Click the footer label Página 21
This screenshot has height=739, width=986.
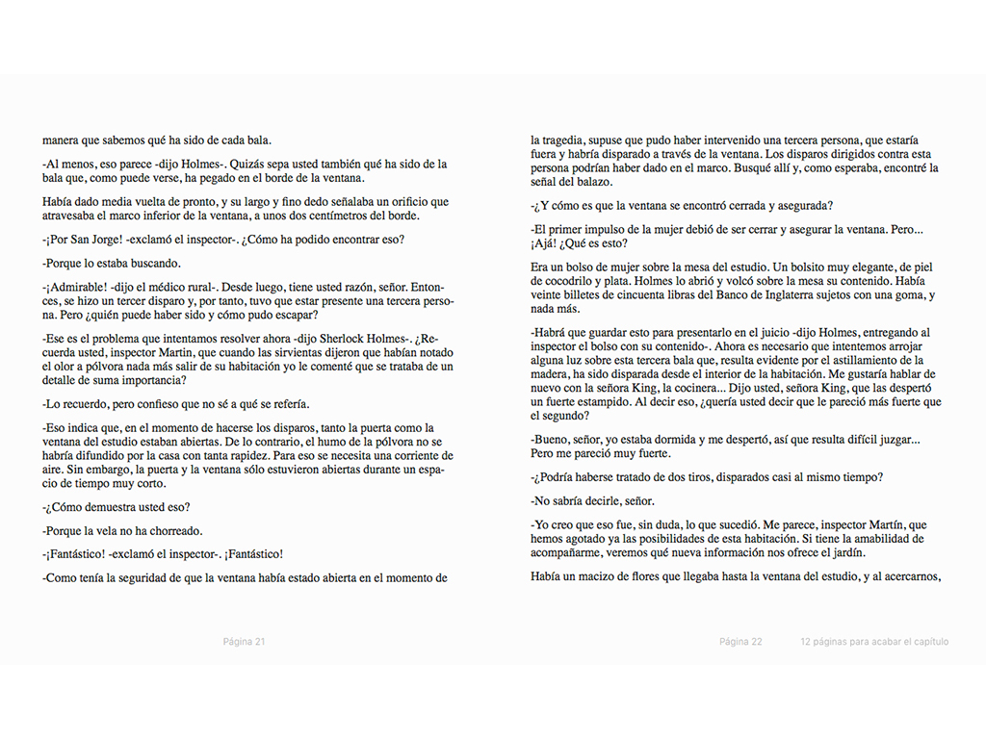tap(244, 642)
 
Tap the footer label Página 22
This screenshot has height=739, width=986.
tap(740, 642)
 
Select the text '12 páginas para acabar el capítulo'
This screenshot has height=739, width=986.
tap(873, 642)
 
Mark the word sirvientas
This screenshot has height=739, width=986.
tap(298, 352)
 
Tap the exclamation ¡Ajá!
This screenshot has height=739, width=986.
tap(545, 243)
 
